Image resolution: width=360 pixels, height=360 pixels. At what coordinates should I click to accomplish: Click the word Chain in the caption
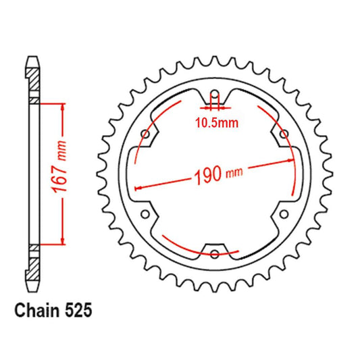(34, 312)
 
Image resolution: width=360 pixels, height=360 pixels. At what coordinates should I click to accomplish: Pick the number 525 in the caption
(76, 312)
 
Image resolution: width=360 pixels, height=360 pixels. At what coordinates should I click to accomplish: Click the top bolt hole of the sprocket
(215, 95)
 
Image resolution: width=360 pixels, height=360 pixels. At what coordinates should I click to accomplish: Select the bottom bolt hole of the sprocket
(215, 254)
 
